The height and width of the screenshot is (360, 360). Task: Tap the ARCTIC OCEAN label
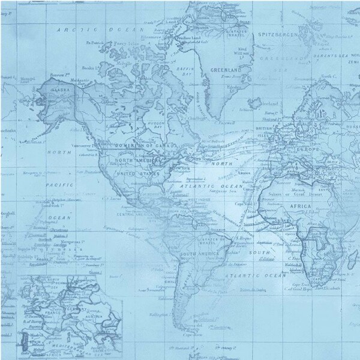point(98,29)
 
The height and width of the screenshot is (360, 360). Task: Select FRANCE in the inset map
point(49,313)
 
